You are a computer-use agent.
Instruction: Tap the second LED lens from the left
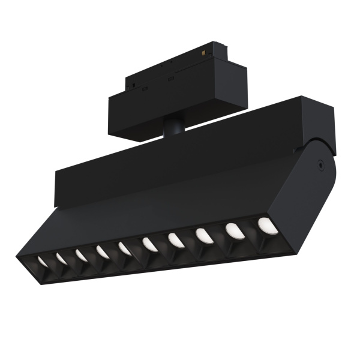61,258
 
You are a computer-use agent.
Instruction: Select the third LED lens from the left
81,255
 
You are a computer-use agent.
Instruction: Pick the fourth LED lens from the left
103,252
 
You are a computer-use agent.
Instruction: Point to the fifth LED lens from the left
125,248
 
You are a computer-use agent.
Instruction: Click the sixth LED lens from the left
149,244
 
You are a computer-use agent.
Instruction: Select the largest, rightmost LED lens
267,226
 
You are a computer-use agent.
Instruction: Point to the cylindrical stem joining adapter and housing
175,127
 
